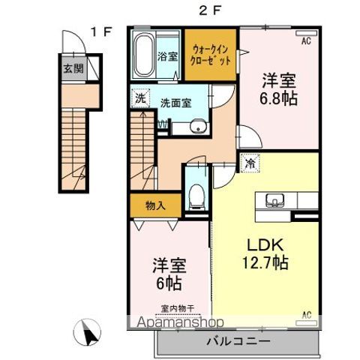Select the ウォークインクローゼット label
click(211, 52)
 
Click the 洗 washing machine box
click(140, 97)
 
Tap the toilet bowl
click(197, 193)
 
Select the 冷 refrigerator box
click(248, 160)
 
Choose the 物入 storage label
click(154, 204)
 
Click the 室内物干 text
click(176, 307)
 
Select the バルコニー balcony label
click(238, 340)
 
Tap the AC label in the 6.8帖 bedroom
click(305, 42)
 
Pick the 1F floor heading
click(102, 31)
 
